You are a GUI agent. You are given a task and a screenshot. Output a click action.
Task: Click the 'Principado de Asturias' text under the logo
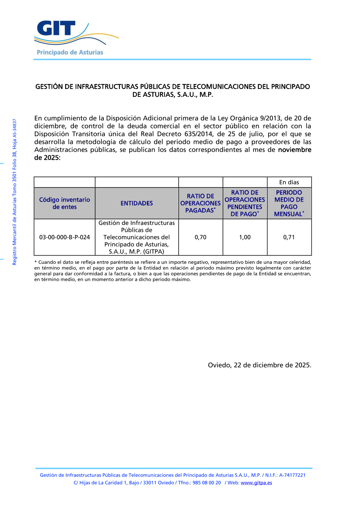click(x=70, y=53)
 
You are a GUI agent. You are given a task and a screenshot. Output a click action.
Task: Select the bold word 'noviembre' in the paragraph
click(x=294, y=150)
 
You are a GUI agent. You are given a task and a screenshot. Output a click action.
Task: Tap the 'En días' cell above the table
click(x=289, y=183)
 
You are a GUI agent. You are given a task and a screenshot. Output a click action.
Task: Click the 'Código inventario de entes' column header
click(x=64, y=203)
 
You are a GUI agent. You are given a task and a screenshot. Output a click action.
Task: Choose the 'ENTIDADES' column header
click(x=137, y=203)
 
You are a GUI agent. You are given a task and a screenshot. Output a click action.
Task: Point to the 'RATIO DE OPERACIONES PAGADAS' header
click(x=201, y=203)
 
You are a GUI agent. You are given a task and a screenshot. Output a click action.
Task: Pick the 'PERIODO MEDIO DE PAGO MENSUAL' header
click(x=289, y=203)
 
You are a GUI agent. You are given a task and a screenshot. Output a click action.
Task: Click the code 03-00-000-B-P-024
click(x=64, y=237)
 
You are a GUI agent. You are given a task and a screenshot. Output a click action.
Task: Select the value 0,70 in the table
click(x=201, y=237)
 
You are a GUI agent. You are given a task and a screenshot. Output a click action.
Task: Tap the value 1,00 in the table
click(x=245, y=237)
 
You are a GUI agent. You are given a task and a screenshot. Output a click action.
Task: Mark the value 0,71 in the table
click(x=289, y=237)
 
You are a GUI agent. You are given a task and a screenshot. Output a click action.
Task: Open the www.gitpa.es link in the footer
click(x=256, y=483)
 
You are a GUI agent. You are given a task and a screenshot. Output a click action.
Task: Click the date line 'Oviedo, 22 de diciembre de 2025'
click(x=260, y=365)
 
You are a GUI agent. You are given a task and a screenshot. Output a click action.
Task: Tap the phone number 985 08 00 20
click(x=207, y=483)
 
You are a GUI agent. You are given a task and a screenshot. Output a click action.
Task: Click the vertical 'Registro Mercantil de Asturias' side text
click(x=15, y=192)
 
